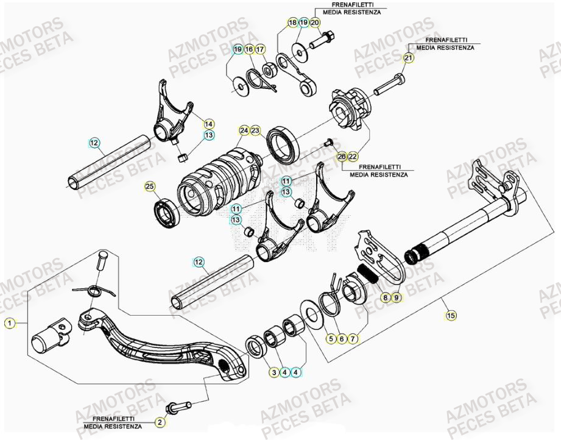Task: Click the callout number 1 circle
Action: click(9, 324)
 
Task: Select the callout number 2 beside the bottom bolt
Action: click(160, 422)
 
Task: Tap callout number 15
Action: click(451, 315)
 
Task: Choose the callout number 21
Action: click(409, 58)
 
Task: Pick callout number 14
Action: click(209, 123)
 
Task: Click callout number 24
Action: click(244, 130)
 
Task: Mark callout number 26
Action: click(341, 157)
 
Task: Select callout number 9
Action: click(396, 297)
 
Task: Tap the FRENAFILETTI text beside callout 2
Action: click(115, 419)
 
